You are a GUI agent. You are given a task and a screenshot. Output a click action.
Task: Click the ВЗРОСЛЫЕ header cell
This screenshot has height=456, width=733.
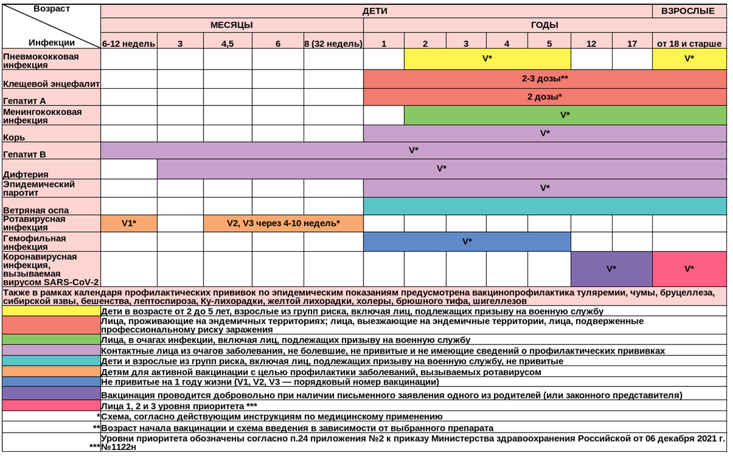click(x=689, y=11)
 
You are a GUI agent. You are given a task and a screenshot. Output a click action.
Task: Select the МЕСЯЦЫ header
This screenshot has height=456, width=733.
click(x=232, y=25)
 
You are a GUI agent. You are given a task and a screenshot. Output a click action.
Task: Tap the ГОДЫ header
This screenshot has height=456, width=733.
click(x=545, y=25)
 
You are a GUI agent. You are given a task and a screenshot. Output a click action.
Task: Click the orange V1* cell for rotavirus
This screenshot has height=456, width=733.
click(x=129, y=224)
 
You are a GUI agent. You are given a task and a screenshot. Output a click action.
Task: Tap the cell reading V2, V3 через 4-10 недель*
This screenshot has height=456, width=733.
click(x=283, y=224)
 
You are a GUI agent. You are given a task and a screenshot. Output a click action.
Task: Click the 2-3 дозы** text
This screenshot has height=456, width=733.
click(x=545, y=78)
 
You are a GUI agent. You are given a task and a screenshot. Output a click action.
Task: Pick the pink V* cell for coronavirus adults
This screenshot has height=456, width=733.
click(x=689, y=269)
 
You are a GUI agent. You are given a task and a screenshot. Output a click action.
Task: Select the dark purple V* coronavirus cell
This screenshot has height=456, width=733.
click(x=611, y=269)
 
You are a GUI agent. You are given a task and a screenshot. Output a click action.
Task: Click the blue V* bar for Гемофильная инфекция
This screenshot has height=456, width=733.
click(x=467, y=241)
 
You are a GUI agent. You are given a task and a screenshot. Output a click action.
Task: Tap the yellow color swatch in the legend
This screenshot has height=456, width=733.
click(x=52, y=311)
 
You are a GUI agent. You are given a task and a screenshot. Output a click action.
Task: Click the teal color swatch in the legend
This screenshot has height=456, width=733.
click(x=52, y=361)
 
